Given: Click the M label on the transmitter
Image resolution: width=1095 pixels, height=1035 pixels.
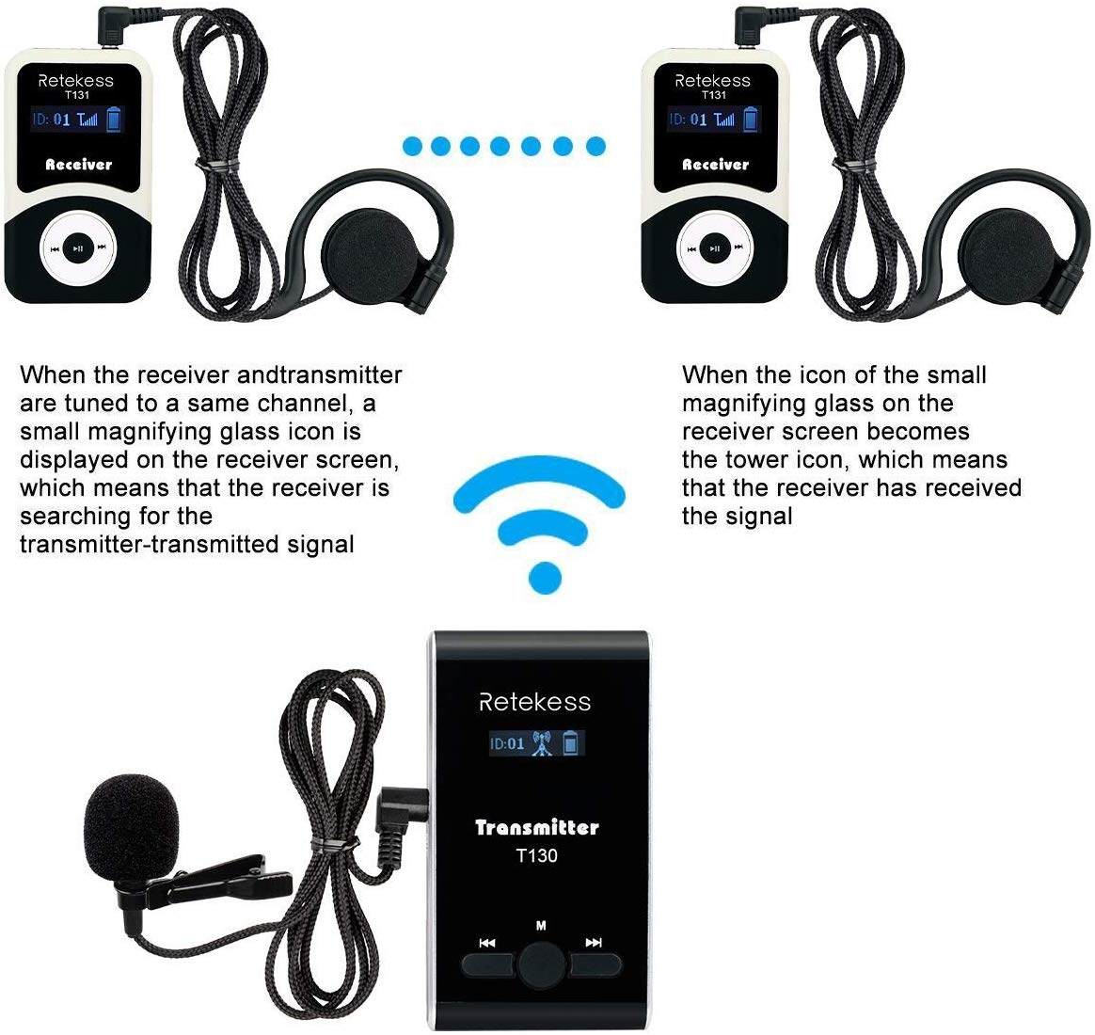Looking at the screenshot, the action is tap(541, 926).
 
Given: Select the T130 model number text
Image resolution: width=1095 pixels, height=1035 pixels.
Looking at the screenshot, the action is tap(536, 855).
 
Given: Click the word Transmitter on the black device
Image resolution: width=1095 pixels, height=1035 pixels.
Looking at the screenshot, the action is tap(537, 828).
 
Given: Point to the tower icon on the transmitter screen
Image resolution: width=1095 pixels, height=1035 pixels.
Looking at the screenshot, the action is tap(542, 743).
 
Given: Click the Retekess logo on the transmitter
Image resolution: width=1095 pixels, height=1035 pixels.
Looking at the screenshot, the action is tap(535, 702).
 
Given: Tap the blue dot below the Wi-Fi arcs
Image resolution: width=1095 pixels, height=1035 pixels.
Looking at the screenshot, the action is tap(546, 578).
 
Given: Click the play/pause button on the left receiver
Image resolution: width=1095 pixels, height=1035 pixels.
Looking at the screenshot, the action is tap(79, 247).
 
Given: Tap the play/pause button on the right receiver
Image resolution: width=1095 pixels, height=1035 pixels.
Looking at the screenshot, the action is tap(715, 247).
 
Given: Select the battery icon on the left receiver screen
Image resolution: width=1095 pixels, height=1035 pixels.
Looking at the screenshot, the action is tap(113, 119).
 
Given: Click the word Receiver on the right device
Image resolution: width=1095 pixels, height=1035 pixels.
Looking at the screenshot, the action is tap(715, 165).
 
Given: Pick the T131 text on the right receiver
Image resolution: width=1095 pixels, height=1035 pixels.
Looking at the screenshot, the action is tap(713, 95).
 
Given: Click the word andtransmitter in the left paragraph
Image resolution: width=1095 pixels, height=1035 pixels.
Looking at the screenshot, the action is tap(319, 375).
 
